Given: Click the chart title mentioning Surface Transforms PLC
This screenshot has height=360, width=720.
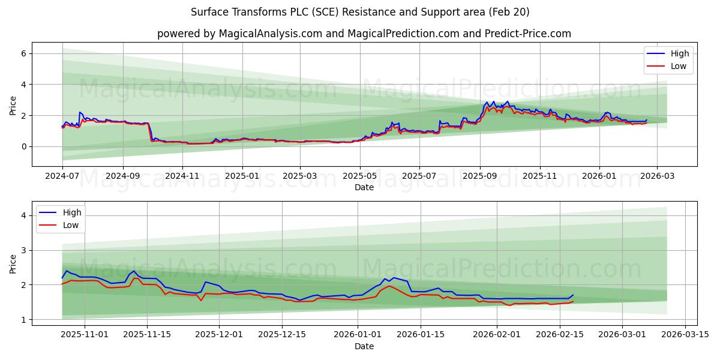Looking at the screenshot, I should pos(360,12).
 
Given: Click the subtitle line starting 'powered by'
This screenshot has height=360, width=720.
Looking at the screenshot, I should pos(364,34).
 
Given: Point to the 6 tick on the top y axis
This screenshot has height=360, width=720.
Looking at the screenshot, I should pos(23,53).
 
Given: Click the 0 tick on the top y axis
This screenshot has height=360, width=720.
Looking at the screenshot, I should pos(23,146).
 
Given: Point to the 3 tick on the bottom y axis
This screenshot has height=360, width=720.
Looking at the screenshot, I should pos(23,250).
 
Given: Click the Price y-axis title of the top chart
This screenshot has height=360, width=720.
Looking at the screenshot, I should pos(13,104).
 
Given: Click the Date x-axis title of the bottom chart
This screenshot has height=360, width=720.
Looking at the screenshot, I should pos(364,346).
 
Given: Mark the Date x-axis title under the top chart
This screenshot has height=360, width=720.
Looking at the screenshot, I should pos(364,187).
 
